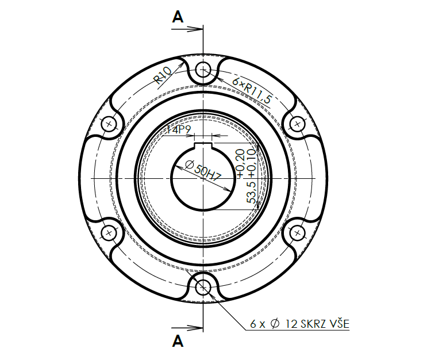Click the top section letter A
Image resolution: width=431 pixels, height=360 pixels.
[x=178, y=17]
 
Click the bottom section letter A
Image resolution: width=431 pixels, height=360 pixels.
[x=178, y=342]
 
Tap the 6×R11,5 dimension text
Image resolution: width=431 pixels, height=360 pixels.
[x=252, y=89]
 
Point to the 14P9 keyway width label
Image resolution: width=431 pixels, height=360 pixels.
[x=178, y=131]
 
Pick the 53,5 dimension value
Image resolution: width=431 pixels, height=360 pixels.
[x=251, y=193]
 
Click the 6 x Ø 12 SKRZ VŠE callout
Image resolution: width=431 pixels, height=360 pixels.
[x=299, y=324]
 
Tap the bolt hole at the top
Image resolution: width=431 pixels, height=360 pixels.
[x=203, y=70]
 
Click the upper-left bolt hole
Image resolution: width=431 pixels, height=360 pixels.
[x=109, y=124]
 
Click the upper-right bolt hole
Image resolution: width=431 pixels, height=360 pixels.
[x=297, y=124]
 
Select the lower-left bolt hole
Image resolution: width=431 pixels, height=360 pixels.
[x=109, y=232]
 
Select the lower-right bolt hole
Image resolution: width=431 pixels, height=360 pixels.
[x=297, y=232]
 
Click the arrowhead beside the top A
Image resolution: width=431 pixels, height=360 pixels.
[x=198, y=27]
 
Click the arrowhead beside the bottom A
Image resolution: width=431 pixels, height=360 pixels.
[x=198, y=329]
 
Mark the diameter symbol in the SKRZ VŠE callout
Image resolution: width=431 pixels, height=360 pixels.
[x=274, y=324]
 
